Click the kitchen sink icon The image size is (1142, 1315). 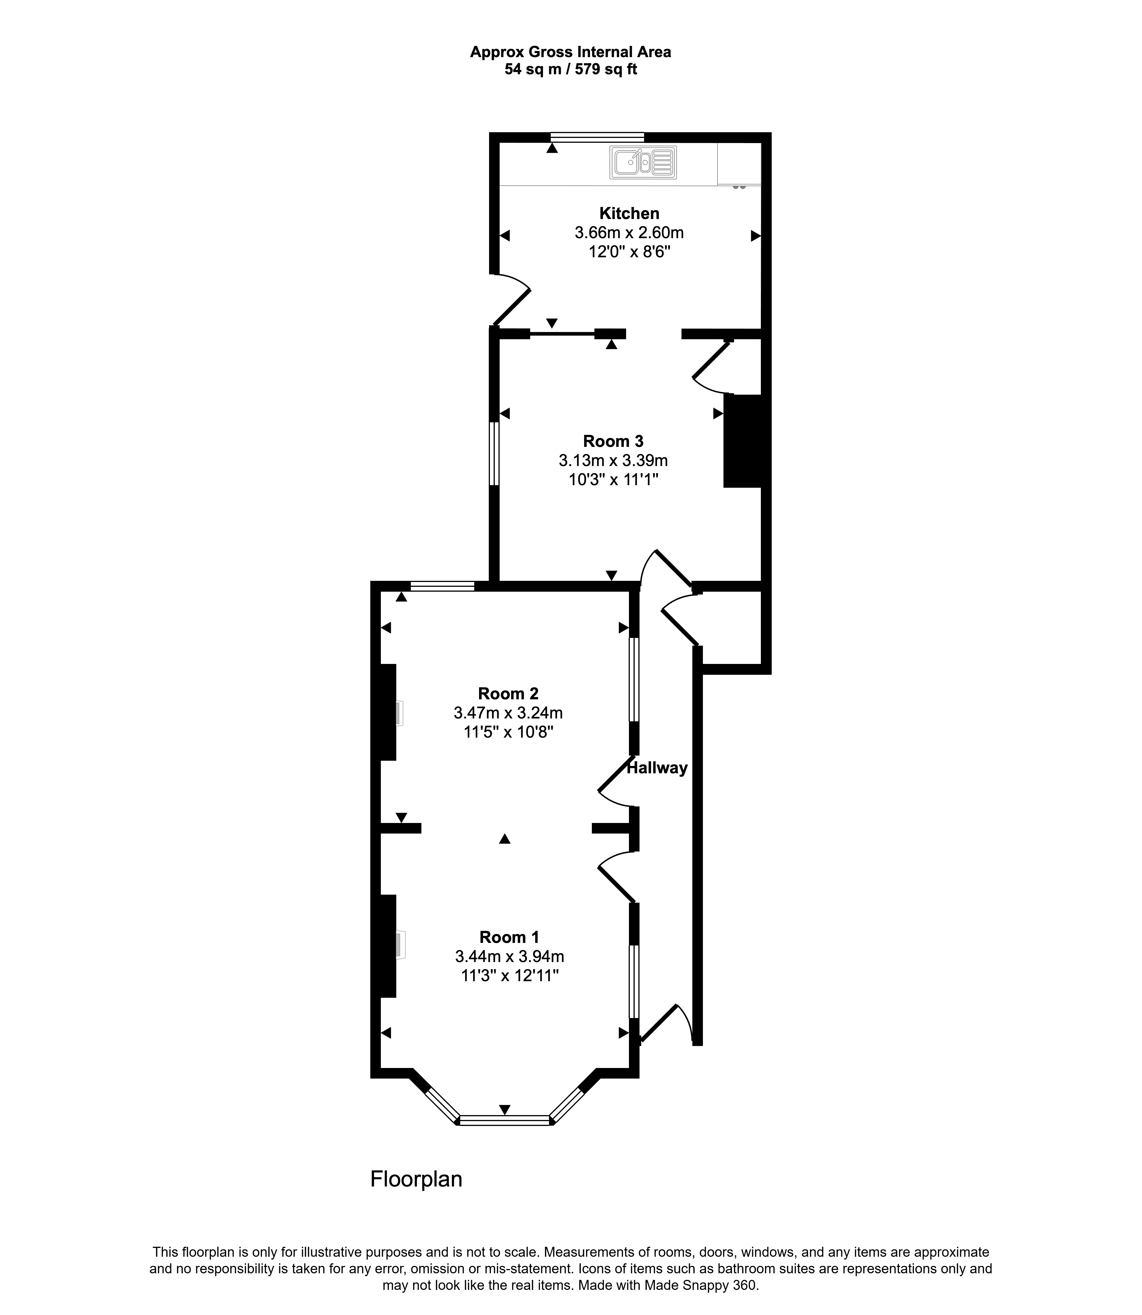point(643,162)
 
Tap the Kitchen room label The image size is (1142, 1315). point(629,214)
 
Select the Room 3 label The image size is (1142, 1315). point(613,441)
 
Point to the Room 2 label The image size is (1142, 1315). point(508,694)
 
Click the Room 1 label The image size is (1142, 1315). point(509,937)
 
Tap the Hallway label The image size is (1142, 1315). point(657,768)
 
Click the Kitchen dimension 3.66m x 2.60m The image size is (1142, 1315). point(629,233)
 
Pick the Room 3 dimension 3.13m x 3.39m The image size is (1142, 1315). point(613,460)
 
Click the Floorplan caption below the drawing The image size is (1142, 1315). point(416,1179)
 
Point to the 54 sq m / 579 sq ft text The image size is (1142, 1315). point(571,69)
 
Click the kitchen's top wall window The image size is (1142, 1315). point(597,137)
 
